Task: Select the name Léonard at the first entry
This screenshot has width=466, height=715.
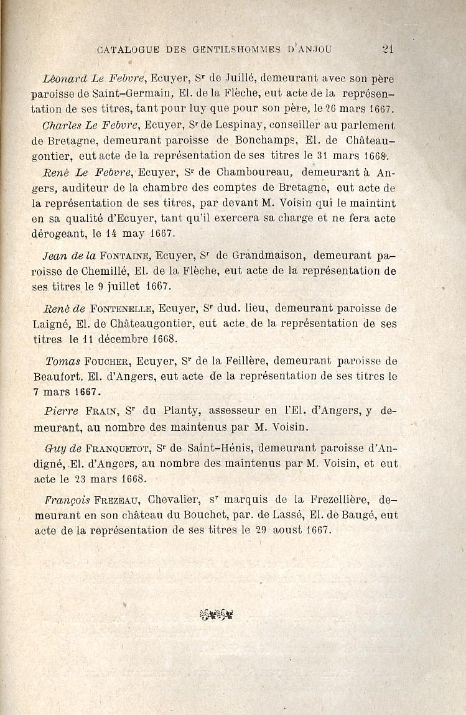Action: click(x=63, y=79)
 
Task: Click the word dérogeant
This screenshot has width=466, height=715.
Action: click(x=60, y=234)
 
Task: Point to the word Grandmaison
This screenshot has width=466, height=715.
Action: click(x=267, y=256)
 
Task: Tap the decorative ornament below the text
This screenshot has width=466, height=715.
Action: click(x=216, y=615)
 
